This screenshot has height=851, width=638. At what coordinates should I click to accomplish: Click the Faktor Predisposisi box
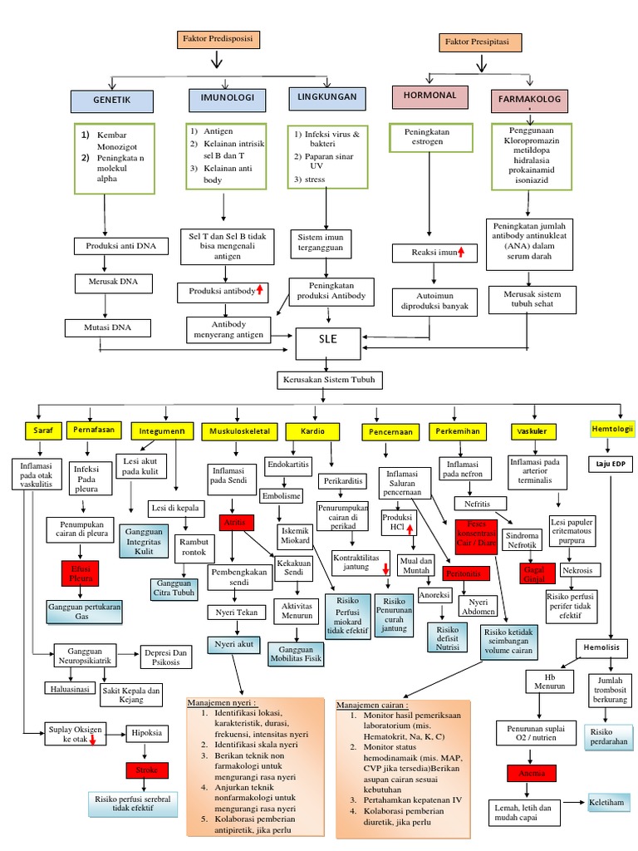[217, 39]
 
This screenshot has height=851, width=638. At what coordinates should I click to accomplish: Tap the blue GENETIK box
[113, 101]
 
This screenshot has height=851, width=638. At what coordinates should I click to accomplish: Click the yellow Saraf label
[42, 430]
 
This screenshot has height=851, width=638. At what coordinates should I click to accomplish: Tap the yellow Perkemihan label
[455, 431]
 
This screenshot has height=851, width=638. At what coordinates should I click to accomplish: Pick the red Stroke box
[147, 770]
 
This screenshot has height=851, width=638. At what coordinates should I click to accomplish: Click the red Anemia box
[532, 773]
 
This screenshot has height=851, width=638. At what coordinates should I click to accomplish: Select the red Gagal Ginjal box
[531, 573]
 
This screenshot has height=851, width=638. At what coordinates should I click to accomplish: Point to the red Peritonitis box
[463, 573]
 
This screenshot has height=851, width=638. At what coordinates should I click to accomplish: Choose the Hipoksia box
[148, 733]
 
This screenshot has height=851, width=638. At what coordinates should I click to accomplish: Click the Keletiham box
[607, 804]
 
